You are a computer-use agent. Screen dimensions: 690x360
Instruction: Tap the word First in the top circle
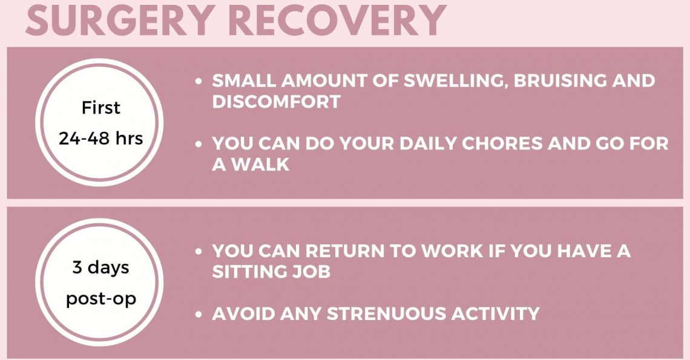click(x=100, y=107)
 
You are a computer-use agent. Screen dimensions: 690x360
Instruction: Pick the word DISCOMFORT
click(x=277, y=102)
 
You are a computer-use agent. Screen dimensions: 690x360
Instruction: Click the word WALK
click(x=260, y=165)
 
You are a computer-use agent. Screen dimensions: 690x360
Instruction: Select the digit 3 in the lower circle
click(x=77, y=267)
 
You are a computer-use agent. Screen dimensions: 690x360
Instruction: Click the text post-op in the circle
click(x=101, y=299)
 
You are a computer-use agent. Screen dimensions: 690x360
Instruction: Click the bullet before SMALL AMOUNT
click(x=199, y=82)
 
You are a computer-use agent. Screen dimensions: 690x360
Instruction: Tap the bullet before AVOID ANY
click(x=199, y=314)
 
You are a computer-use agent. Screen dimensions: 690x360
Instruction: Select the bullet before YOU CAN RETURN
click(x=199, y=251)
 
